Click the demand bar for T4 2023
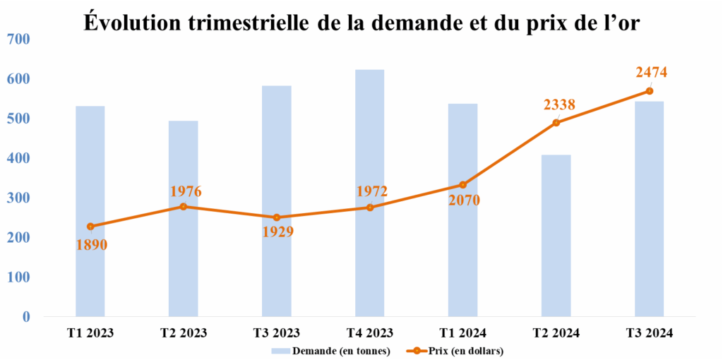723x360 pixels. coord(369,268)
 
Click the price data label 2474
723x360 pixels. coord(651,72)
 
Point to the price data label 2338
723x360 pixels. coord(559,104)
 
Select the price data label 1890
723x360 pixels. coord(92,245)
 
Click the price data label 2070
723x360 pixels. coord(463,200)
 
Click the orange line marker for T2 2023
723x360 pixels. coord(184,206)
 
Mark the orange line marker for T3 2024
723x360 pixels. coord(649,91)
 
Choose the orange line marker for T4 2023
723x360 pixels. coord(370,207)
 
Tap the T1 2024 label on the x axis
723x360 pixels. coord(462,332)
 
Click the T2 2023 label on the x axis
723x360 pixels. coord(184,332)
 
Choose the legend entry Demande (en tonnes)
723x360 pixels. coord(331,351)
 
